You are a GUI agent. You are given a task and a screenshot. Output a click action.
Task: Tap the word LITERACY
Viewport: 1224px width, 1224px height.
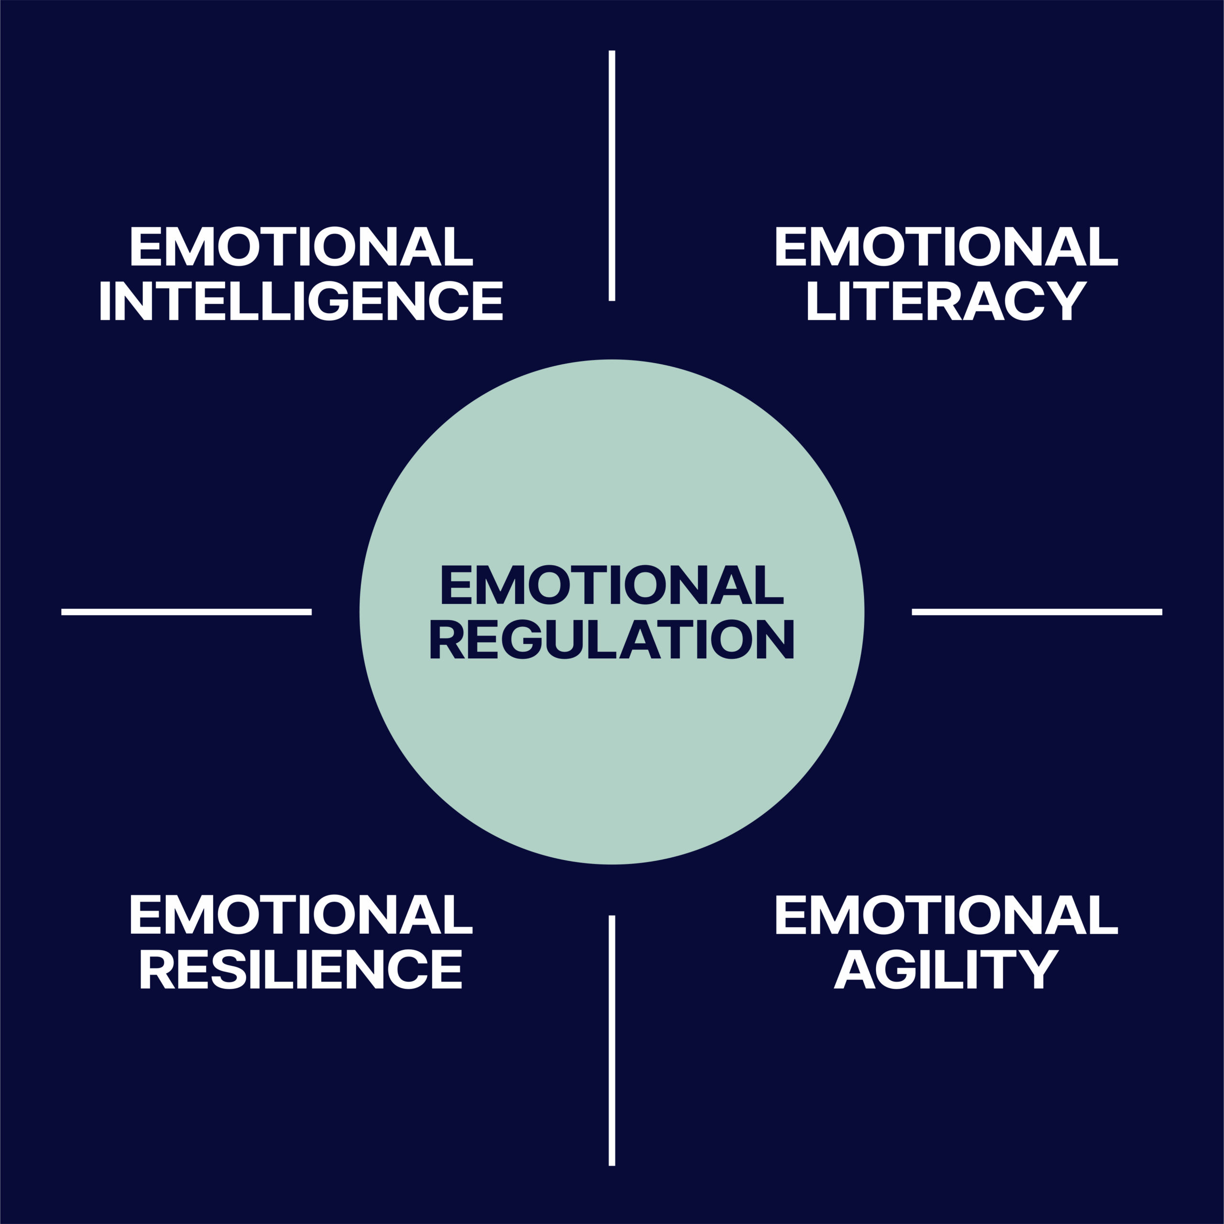coord(947,300)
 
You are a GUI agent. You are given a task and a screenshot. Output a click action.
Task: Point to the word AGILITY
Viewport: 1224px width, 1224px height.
coord(947,969)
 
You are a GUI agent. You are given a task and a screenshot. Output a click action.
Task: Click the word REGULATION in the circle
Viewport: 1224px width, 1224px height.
coord(612,639)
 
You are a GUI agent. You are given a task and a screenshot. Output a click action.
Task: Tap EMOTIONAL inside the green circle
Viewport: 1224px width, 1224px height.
coord(612,584)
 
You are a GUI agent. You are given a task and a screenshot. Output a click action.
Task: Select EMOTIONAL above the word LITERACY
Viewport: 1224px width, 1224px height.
coord(947,246)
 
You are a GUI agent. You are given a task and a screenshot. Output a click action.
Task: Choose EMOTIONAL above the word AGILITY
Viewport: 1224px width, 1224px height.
coord(947,914)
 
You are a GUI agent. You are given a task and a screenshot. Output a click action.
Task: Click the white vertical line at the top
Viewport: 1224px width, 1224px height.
coord(612,175)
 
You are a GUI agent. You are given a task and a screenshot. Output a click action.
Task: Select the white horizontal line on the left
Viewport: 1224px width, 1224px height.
coord(186,612)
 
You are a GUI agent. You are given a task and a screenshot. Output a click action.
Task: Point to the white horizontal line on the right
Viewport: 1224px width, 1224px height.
coord(1037,612)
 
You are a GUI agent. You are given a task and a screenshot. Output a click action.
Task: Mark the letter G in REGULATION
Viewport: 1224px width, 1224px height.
coord(522,639)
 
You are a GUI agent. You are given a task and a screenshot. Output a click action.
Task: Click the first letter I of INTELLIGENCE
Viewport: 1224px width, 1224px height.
coord(105,300)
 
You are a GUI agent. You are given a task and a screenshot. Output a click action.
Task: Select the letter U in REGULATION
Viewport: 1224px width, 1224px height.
coord(564,639)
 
